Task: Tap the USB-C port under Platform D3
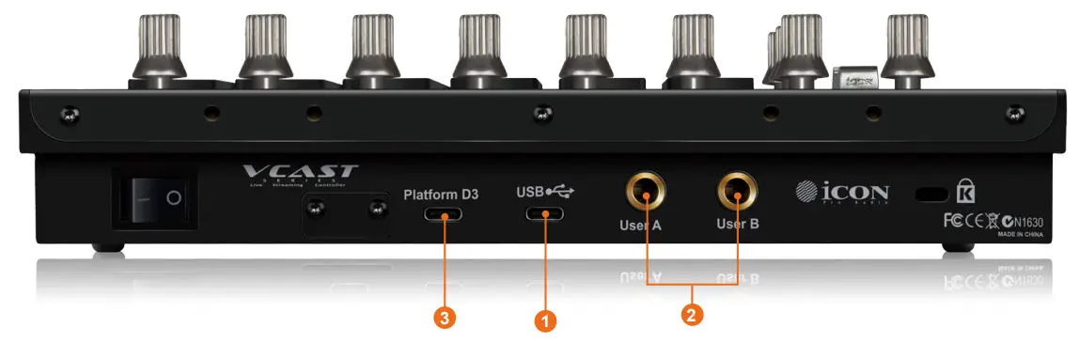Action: pyautogui.click(x=442, y=215)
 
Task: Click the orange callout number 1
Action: pyautogui.click(x=544, y=321)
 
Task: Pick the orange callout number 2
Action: pyautogui.click(x=692, y=314)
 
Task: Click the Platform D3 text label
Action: pyautogui.click(x=442, y=195)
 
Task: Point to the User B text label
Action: pyautogui.click(x=738, y=226)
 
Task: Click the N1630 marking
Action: pyautogui.click(x=1029, y=222)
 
